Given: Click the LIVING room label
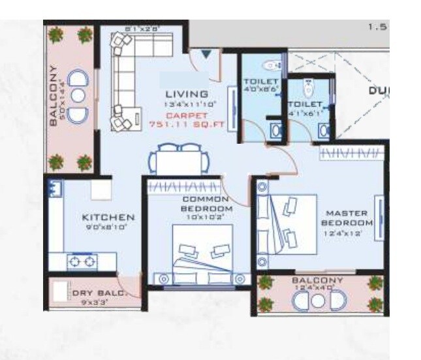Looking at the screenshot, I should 187,93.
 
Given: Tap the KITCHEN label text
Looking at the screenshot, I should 108,217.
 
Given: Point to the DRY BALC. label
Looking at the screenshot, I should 98,293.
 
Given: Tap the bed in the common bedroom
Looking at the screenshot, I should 202,252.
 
